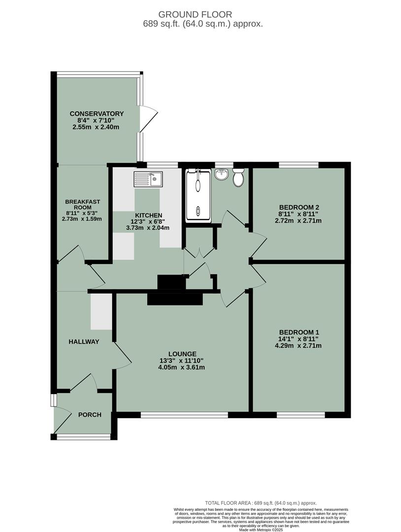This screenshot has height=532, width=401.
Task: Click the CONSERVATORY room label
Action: click(x=97, y=114)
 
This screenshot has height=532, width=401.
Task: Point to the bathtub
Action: click(x=198, y=195)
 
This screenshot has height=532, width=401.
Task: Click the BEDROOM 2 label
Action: click(x=299, y=207)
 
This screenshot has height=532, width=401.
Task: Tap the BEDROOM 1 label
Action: click(x=300, y=332)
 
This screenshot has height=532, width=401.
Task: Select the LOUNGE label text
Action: click(x=182, y=354)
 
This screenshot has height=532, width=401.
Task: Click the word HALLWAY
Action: click(x=84, y=341)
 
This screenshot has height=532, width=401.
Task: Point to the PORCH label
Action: click(x=90, y=415)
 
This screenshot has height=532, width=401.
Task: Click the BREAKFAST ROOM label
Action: click(x=83, y=204)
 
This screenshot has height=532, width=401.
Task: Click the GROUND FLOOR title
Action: click(x=200, y=15)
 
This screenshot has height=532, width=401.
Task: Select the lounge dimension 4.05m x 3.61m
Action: click(x=182, y=367)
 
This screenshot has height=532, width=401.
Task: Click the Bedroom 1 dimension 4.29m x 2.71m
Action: click(x=300, y=345)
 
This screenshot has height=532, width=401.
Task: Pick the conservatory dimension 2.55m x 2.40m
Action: click(x=97, y=127)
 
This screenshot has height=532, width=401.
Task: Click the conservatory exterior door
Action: click(x=148, y=119)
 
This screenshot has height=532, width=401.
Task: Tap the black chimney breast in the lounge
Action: click(x=175, y=299)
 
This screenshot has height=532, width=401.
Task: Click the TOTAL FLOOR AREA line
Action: click(x=261, y=503)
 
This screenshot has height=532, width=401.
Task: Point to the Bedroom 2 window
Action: click(x=299, y=165)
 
